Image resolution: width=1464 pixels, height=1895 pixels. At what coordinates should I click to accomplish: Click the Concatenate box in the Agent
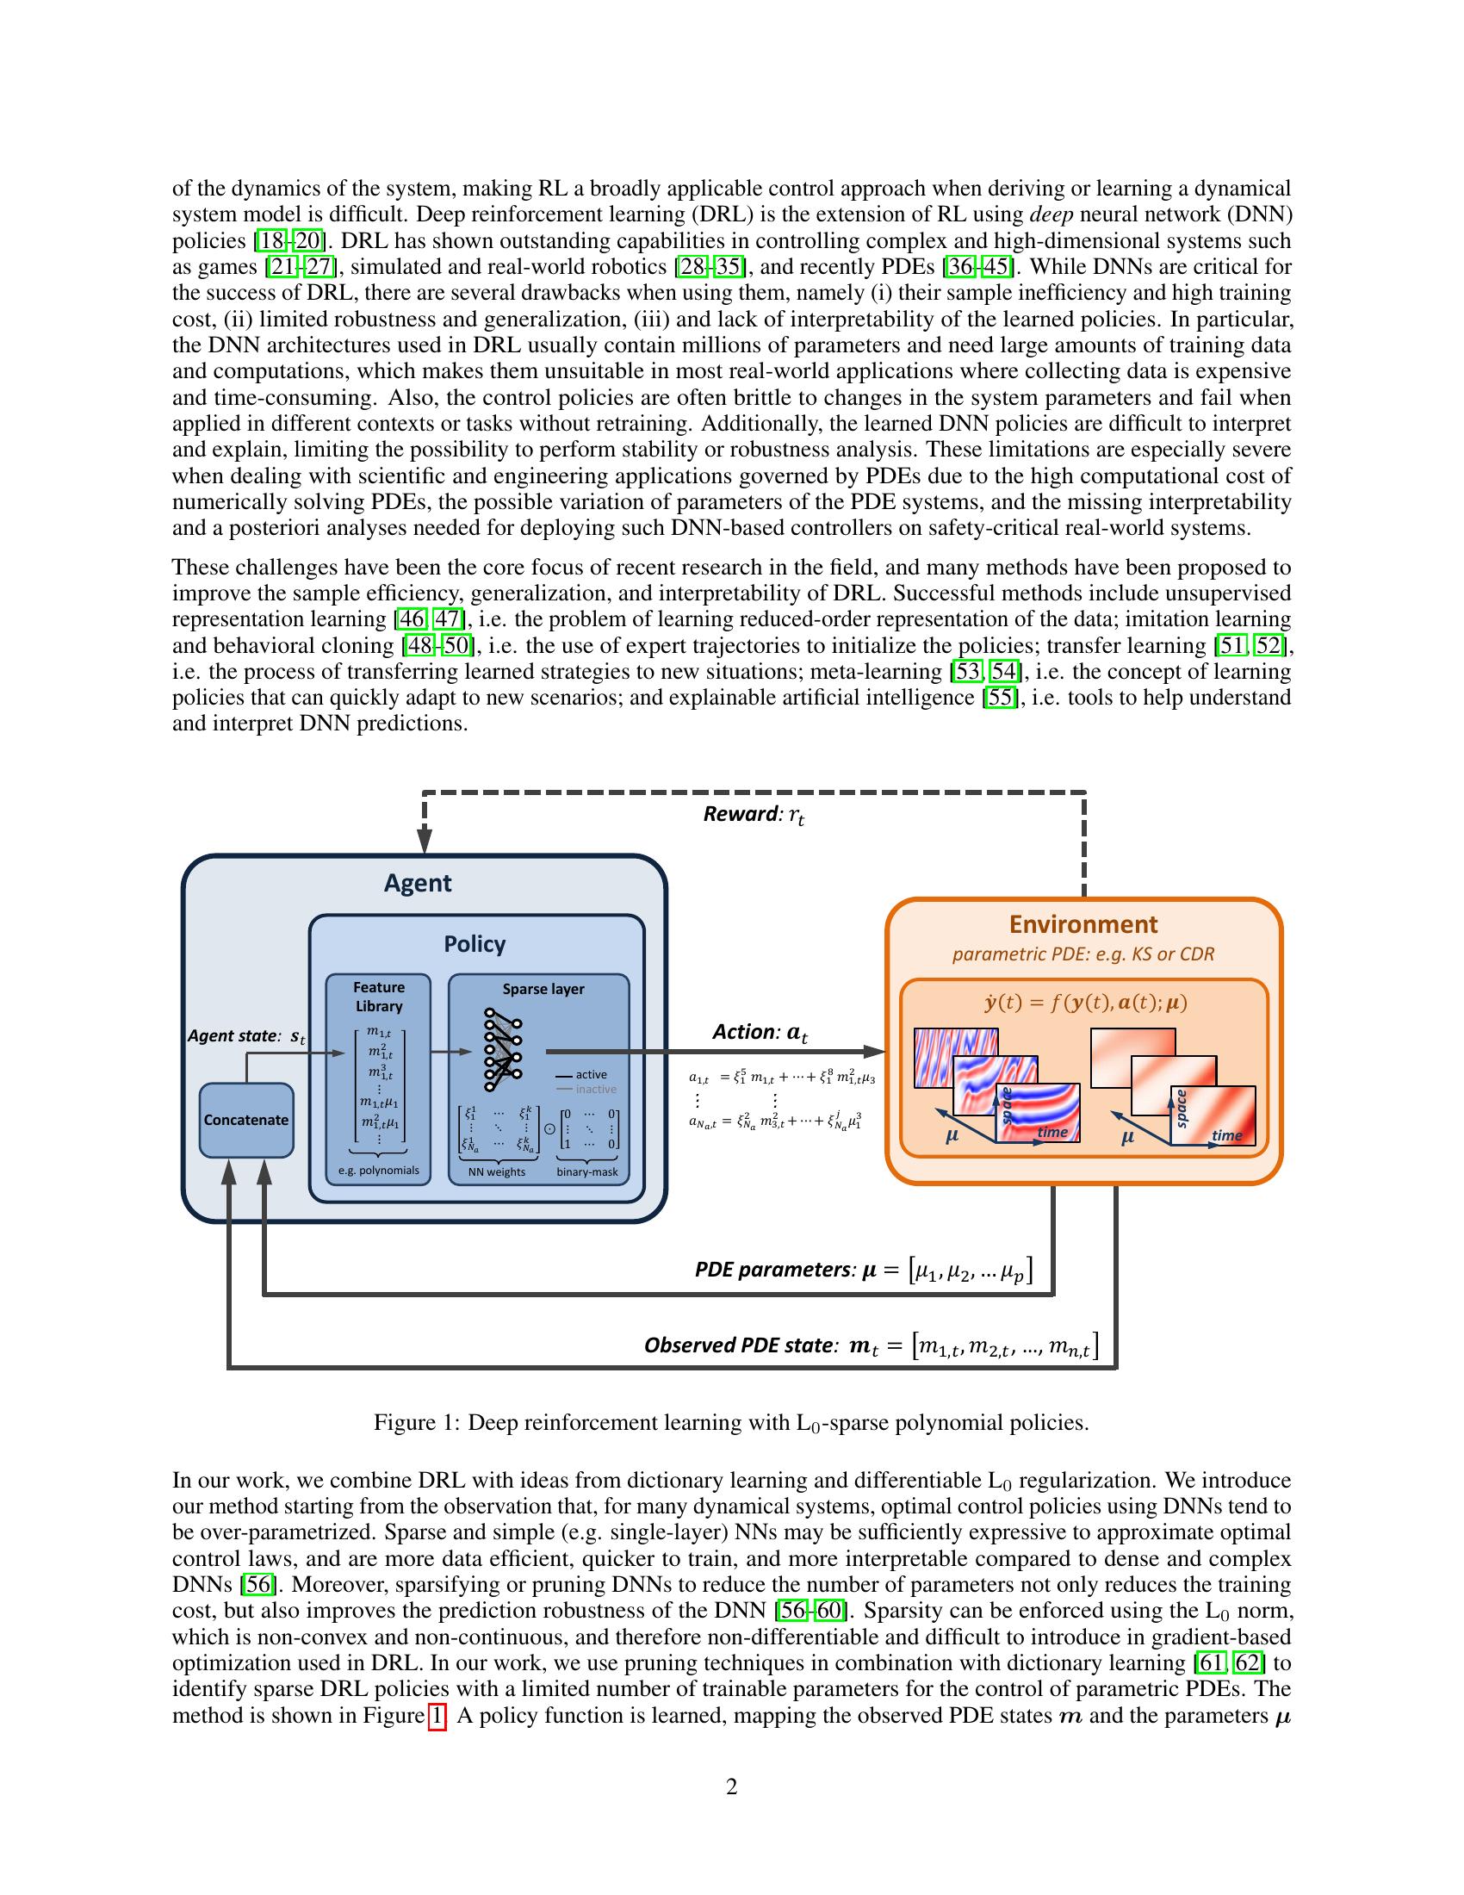click(245, 1119)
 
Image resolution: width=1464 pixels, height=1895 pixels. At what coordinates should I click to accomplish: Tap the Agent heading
click(417, 883)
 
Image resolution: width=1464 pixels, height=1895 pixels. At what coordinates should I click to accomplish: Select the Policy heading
click(475, 944)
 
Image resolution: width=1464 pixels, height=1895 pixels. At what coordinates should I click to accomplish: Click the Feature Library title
click(378, 996)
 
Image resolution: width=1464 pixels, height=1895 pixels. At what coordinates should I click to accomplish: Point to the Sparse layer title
click(543, 989)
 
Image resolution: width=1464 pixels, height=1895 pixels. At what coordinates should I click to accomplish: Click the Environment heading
click(1082, 924)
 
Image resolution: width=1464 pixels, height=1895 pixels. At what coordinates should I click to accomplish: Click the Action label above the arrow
click(759, 1032)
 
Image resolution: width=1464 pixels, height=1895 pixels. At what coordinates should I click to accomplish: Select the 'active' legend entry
click(591, 1074)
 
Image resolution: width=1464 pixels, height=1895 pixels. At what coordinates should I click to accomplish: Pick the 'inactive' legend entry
click(596, 1089)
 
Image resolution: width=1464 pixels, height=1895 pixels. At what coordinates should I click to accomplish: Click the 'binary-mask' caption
click(587, 1171)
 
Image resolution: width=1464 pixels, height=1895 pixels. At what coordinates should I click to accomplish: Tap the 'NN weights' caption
click(497, 1171)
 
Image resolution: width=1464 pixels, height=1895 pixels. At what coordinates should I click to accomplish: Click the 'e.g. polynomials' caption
click(378, 1170)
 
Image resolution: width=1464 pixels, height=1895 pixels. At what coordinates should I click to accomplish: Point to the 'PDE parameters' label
click(774, 1270)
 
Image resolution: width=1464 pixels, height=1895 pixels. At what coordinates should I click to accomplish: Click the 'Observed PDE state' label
click(740, 1345)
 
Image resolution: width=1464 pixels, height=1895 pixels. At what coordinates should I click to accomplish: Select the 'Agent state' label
click(234, 1036)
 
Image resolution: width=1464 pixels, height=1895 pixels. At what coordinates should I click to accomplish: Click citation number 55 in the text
click(999, 698)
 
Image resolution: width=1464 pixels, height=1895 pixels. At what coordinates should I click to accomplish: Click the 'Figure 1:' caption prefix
click(416, 1423)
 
